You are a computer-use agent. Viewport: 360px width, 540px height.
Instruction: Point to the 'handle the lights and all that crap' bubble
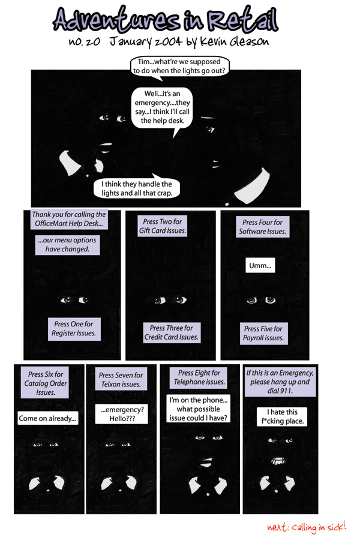(137, 189)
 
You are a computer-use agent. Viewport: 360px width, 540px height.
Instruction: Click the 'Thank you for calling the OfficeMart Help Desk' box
(68, 219)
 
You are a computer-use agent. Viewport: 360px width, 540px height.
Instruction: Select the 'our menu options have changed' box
(67, 244)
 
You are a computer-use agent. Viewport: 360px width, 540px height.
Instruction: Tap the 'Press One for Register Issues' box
(74, 328)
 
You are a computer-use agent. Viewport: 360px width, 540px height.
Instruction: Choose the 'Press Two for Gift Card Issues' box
(164, 226)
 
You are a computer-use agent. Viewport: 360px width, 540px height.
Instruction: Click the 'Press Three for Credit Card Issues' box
(171, 332)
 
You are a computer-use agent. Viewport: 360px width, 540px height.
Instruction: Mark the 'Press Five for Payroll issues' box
(263, 333)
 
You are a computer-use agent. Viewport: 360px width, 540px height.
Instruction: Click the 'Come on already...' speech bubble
(48, 419)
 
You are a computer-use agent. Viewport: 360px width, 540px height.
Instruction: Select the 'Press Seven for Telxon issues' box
(121, 380)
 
